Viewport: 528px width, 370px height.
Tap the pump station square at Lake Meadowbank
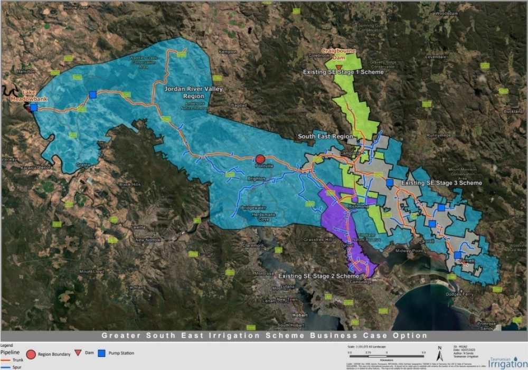tap(33, 107)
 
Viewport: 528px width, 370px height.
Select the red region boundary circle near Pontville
tap(260, 159)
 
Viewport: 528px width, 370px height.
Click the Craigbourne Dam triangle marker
tap(338, 67)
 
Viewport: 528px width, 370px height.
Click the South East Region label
tap(325, 137)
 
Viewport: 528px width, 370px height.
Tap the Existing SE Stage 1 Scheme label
tap(343, 72)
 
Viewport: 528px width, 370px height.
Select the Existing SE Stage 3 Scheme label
tap(441, 183)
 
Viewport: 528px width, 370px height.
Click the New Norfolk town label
tap(147, 240)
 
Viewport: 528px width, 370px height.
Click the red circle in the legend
tap(31, 353)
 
